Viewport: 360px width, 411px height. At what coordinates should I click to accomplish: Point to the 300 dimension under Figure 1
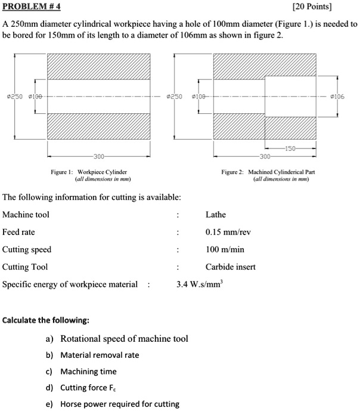[x=99, y=156]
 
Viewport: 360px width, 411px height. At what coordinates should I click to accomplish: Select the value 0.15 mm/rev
[x=228, y=232]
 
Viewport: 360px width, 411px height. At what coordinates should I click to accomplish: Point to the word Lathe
[x=216, y=215]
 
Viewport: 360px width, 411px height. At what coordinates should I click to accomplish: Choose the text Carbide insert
[x=230, y=267]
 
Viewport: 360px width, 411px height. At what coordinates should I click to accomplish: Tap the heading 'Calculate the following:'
[x=46, y=320]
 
